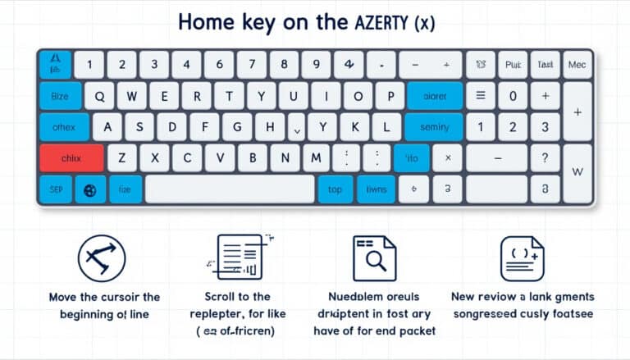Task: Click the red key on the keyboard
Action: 71,158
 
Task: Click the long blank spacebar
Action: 230,189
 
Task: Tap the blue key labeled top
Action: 335,189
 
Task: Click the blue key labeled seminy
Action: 434,127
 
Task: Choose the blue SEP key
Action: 54,189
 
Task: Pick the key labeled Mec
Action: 577,65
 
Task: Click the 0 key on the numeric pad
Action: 513,96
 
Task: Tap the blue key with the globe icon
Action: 90,189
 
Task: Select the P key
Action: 390,96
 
